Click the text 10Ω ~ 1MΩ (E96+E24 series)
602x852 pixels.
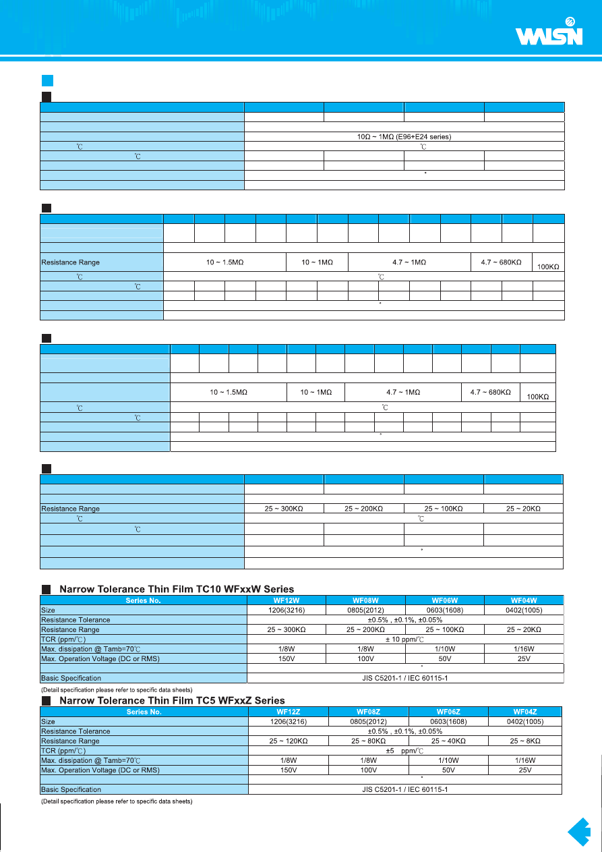point(403,137)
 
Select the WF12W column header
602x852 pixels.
point(287,600)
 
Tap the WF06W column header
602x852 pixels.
point(445,600)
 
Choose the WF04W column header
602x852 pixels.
point(524,600)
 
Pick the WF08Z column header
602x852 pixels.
point(369,712)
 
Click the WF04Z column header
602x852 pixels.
point(525,712)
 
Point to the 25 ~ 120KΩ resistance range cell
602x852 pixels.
point(288,741)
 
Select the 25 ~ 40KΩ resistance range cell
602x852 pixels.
point(448,741)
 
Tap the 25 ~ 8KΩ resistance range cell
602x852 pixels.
point(525,741)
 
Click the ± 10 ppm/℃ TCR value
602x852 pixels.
point(405,639)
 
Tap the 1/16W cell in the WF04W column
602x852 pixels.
point(524,648)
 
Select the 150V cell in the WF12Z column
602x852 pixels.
point(288,770)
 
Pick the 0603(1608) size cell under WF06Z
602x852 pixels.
point(448,721)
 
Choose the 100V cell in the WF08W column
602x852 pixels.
point(365,658)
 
